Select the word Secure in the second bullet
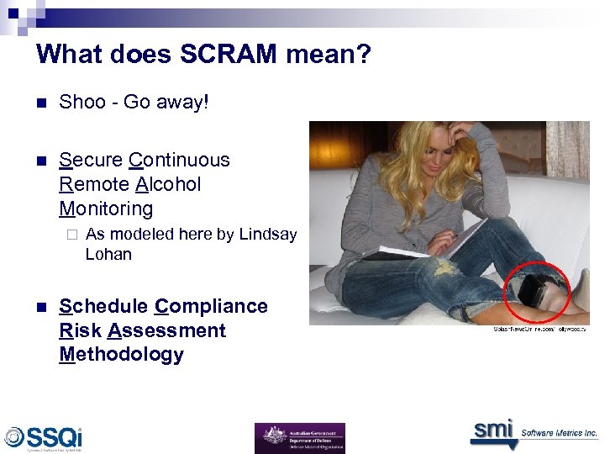[x=91, y=160]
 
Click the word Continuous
[x=179, y=160]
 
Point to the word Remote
[x=95, y=184]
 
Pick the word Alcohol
[x=168, y=184]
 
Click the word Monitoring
[x=106, y=209]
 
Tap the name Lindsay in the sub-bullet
[x=267, y=235]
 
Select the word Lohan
[x=108, y=254]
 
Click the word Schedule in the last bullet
[x=105, y=306]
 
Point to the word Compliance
[x=212, y=306]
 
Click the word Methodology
[x=121, y=354]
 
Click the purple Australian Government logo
[x=299, y=438]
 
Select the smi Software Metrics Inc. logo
[x=533, y=431]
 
